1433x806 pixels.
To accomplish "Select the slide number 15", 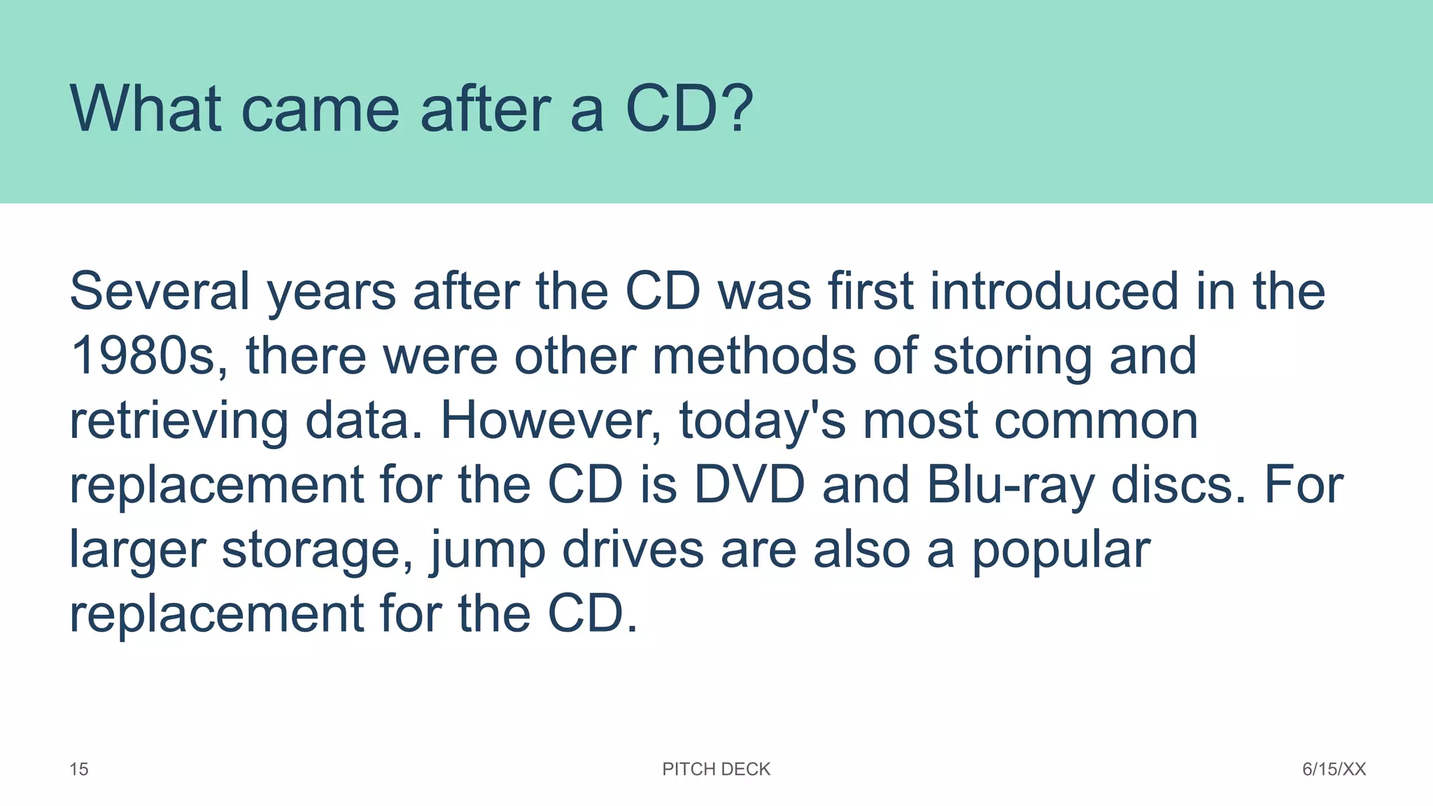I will click(x=79, y=770).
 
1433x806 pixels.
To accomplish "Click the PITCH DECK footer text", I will click(x=716, y=770).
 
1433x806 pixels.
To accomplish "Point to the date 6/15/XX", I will click(x=1334, y=770).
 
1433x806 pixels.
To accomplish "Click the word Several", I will click(x=160, y=291).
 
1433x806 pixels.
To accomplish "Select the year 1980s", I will click(x=148, y=356).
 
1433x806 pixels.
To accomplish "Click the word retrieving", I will click(x=178, y=422).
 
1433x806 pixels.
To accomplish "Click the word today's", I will click(x=762, y=422).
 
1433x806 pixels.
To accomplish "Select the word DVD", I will click(x=749, y=485).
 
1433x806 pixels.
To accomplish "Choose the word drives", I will click(x=633, y=550).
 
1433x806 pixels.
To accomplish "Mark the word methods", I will click(x=754, y=356).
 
